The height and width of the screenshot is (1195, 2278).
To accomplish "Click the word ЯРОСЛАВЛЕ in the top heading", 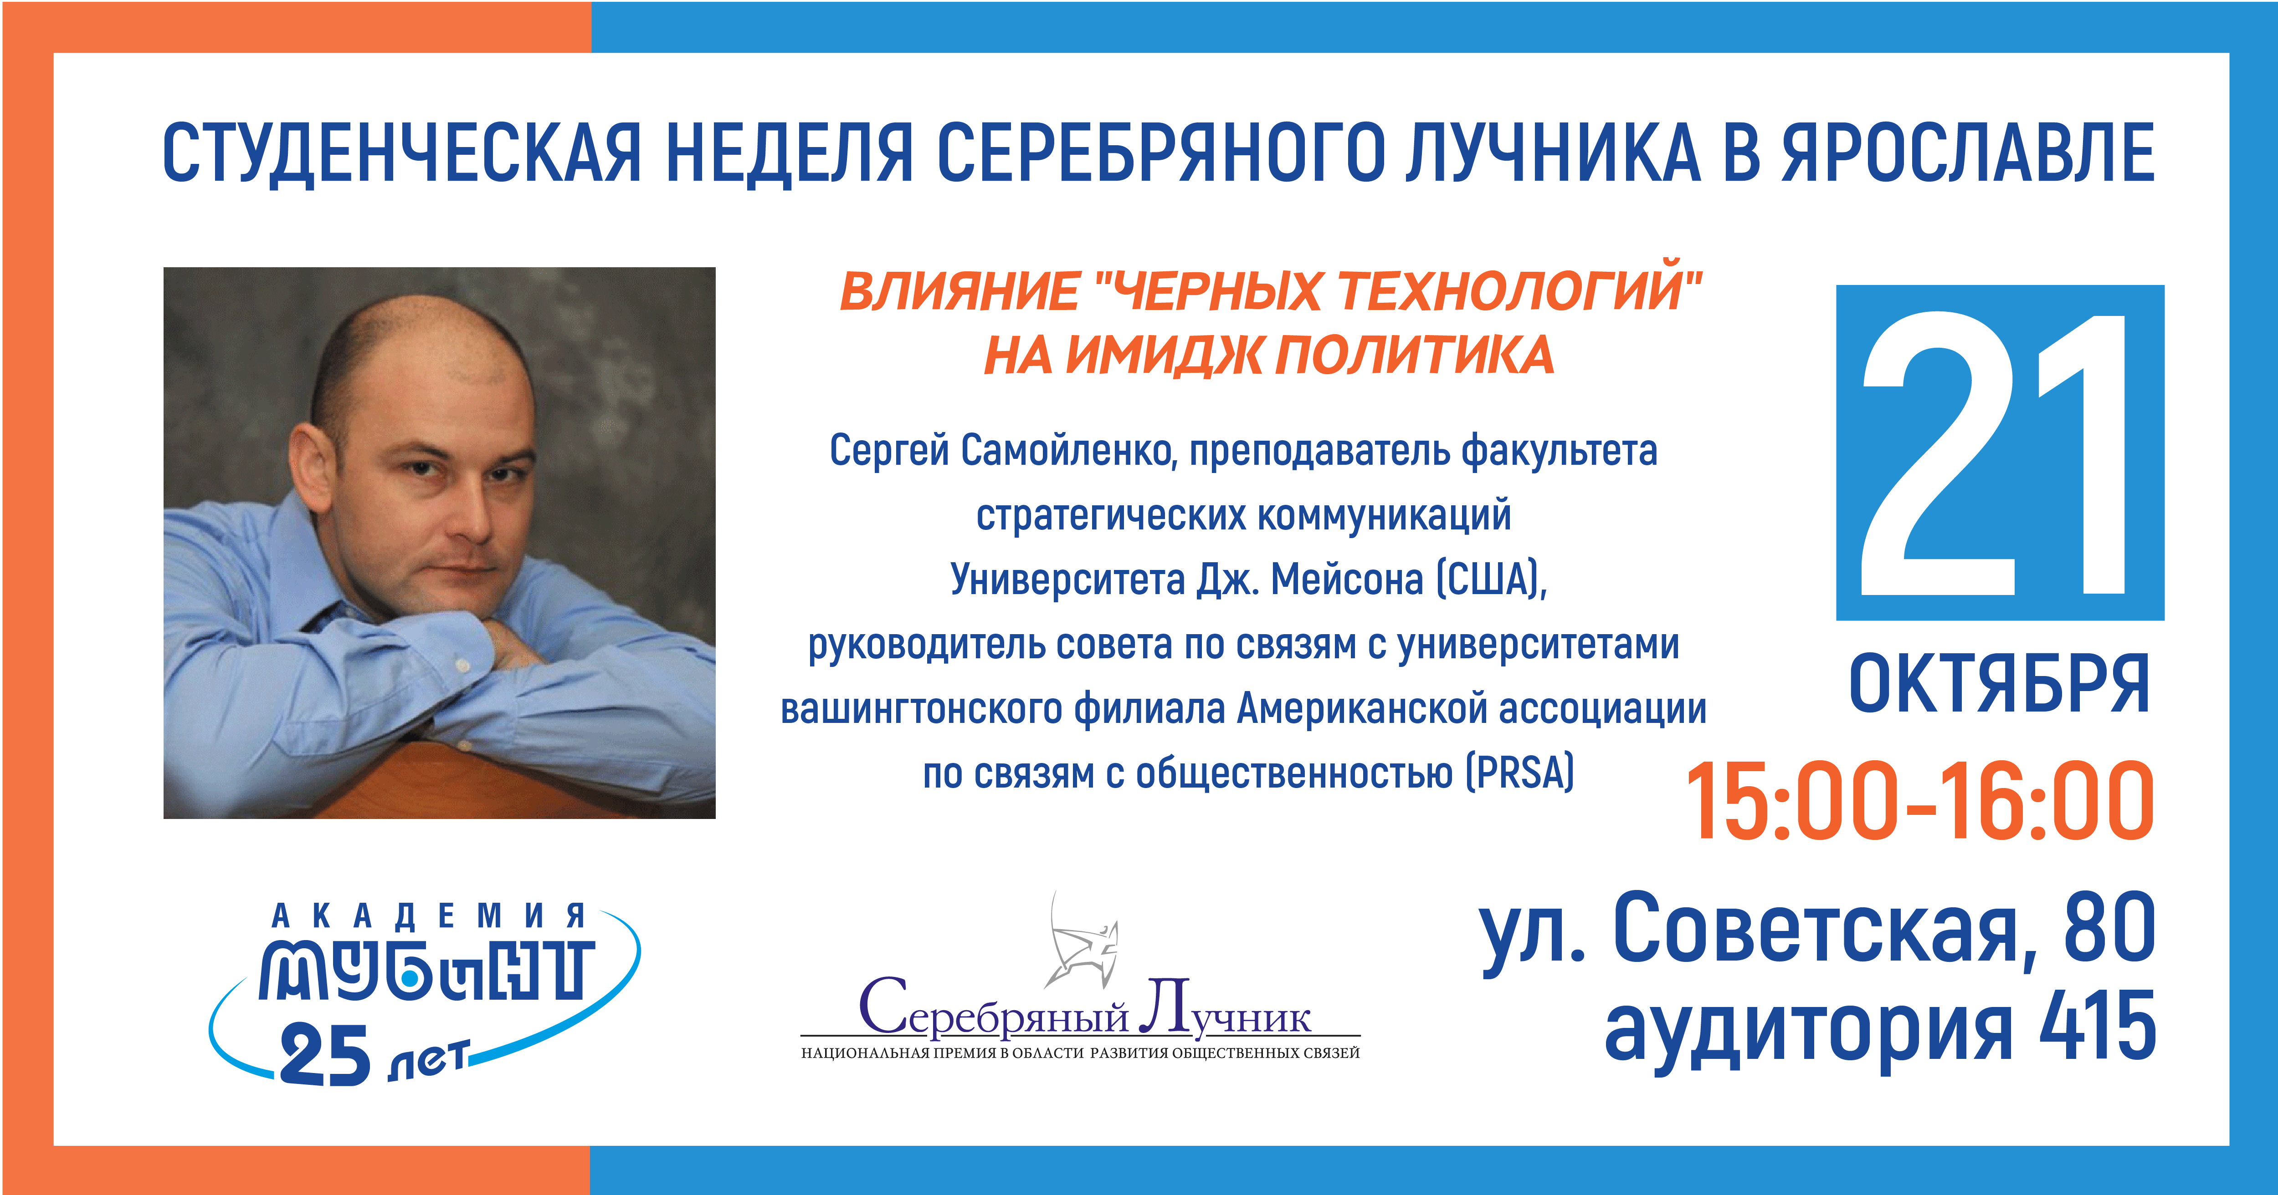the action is [x=1969, y=153].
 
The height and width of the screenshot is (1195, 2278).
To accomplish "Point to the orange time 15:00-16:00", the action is [x=1921, y=801].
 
